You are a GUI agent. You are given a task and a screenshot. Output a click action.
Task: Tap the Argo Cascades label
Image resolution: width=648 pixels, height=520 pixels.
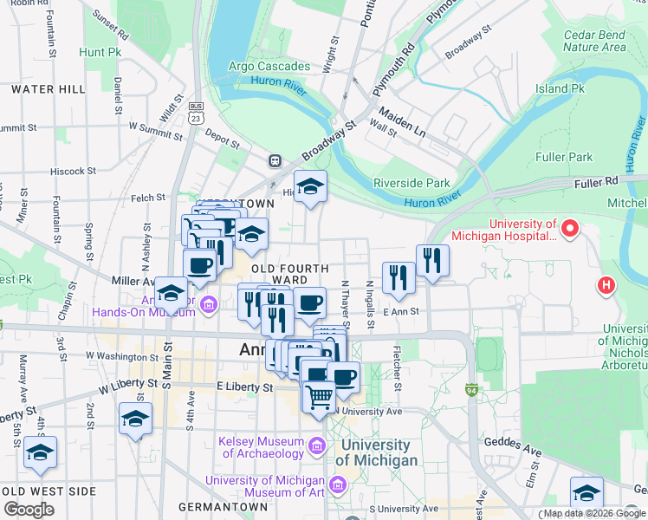coord(269,67)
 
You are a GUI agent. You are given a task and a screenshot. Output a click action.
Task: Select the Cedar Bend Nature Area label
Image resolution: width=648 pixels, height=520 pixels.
coord(593,41)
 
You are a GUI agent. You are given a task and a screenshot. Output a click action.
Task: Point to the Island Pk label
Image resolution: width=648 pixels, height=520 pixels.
coord(560,88)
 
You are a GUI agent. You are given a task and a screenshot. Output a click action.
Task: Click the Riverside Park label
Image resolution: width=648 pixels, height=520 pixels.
coord(411,183)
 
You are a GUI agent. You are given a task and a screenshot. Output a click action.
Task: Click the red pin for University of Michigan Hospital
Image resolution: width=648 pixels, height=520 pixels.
coord(569,230)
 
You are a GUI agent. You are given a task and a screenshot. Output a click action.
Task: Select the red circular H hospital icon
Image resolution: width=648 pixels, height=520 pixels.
coord(606,284)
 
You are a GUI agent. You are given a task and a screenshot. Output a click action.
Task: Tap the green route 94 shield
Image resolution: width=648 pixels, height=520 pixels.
coord(471,391)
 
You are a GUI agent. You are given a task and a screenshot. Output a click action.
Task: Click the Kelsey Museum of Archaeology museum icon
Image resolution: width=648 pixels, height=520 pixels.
coord(316,447)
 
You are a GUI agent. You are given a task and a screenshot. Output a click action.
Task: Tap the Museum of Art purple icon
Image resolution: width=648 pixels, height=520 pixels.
coord(336,482)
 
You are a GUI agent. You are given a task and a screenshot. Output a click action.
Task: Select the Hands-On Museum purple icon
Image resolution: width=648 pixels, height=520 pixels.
coord(208,305)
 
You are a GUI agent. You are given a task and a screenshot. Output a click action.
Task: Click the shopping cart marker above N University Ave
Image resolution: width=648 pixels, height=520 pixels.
coord(319,398)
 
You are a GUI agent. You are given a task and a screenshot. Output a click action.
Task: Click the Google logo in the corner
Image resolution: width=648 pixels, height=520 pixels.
coord(29,510)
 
